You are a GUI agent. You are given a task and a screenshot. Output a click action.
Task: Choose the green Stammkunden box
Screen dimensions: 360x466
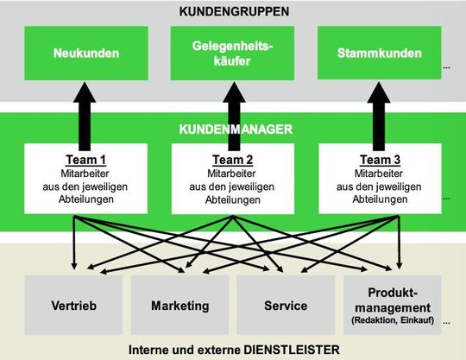point(381,53)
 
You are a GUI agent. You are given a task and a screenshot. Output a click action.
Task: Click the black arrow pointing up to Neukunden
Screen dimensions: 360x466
point(85,112)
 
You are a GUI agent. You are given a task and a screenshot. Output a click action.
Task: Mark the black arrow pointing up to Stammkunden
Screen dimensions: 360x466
point(381,112)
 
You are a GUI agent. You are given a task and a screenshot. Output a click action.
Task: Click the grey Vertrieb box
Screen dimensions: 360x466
point(73,306)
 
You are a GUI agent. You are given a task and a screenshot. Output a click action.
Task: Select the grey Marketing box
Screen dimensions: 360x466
point(179,306)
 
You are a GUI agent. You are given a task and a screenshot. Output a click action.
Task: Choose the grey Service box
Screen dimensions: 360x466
point(285,306)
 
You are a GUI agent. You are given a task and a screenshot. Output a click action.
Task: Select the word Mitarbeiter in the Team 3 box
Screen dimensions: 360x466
point(381,171)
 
